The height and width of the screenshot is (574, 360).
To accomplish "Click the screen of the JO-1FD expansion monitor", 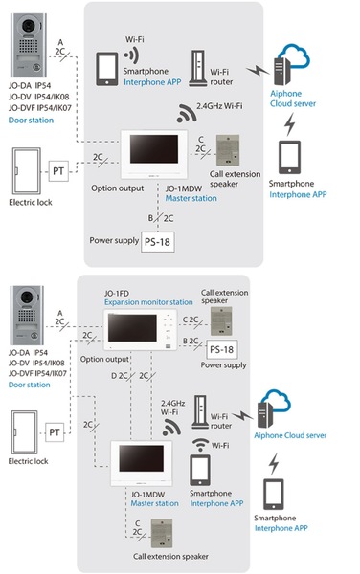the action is tap(132, 328).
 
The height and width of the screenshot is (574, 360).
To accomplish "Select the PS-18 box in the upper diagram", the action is tap(157, 242).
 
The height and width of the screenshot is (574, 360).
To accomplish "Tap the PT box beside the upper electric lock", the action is tap(58, 171).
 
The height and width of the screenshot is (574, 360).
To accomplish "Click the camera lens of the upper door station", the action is tap(29, 26).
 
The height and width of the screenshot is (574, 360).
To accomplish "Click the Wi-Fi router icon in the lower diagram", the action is tap(200, 411).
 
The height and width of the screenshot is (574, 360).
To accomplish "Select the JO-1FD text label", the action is tap(117, 294).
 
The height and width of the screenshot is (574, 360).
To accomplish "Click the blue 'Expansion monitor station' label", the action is tap(148, 302).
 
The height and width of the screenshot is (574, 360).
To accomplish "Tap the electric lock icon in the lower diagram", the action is tap(24, 432).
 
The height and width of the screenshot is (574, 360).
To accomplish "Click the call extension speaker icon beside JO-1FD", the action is tap(221, 321).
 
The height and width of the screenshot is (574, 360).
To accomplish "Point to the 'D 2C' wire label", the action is tap(120, 376).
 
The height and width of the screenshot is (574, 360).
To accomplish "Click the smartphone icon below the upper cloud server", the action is tap(289, 157).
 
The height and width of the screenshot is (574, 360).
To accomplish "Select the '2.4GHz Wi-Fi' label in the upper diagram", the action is tap(219, 106).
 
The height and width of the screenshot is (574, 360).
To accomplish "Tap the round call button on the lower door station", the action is tap(34, 335).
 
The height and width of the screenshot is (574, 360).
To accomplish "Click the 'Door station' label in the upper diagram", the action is tap(32, 121).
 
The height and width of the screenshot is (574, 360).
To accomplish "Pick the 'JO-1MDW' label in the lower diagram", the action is tap(147, 495).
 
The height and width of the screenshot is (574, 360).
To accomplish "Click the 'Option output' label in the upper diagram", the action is tap(118, 188).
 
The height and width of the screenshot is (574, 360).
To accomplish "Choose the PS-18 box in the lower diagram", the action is tap(221, 349).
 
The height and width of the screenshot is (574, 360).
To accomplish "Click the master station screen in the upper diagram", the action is tap(154, 148).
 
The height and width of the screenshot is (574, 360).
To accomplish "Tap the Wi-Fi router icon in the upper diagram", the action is tap(198, 68).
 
